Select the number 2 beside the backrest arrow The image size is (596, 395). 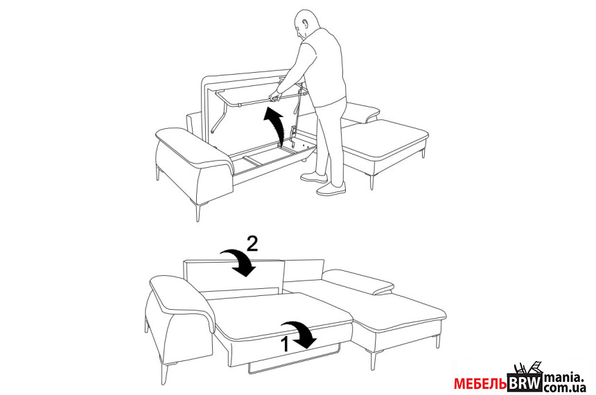252,243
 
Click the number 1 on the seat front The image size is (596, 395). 285,344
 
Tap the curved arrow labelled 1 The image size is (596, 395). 300,333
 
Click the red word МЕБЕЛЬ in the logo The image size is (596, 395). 480,384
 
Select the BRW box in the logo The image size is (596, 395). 525,383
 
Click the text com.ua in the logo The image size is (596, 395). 564,388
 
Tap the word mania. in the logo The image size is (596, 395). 563,378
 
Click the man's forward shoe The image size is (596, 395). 331,189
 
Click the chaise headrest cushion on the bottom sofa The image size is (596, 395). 358,282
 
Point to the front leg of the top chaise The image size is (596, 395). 372,182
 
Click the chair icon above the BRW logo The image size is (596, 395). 527,367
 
